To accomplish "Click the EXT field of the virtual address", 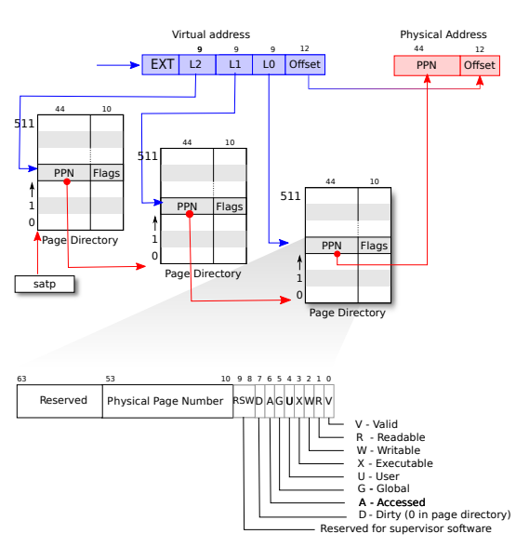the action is tap(161, 64).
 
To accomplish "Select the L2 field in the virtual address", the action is tap(197, 64).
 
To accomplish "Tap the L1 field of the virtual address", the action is tap(234, 64).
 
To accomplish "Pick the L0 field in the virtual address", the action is tap(269, 64).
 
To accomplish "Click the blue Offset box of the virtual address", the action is tap(305, 64).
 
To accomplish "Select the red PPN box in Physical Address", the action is tap(427, 65).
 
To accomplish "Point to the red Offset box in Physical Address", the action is tap(480, 65).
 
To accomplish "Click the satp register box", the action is tap(45, 284).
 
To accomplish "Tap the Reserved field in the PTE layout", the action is tap(60, 401).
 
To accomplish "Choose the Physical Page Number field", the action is tap(167, 401).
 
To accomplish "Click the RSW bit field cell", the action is tap(244, 401).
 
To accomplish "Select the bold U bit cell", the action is tap(289, 401).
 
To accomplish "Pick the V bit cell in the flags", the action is tap(329, 401).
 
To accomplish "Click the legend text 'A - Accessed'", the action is tap(392, 502).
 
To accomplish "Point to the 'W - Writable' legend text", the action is tap(389, 450).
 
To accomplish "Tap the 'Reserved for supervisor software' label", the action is tap(405, 528).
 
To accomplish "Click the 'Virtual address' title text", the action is tap(211, 34).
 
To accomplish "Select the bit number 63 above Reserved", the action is tap(21, 379).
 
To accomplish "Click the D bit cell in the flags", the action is tap(259, 401).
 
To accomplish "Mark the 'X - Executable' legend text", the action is tap(395, 463).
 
